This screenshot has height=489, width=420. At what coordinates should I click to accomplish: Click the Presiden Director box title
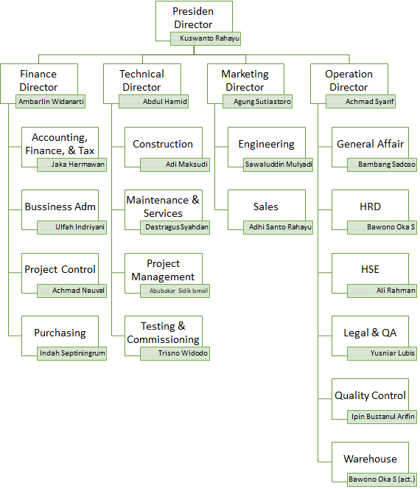[193, 18]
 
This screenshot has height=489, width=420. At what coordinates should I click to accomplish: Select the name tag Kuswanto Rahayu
[206, 38]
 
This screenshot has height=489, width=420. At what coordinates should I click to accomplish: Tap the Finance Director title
[38, 80]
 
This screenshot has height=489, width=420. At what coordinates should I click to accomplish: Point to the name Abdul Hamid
[165, 101]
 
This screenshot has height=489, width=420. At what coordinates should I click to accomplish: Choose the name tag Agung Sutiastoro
[257, 101]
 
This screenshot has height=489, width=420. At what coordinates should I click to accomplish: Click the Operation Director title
[349, 80]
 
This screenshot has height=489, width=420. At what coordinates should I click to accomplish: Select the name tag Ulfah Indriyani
[71, 227]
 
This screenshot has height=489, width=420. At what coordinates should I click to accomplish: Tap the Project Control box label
[60, 269]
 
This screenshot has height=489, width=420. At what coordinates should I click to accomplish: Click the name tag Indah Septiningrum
[71, 353]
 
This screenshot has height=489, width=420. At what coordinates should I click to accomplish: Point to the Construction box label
[163, 144]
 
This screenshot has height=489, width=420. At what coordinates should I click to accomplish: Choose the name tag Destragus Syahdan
[175, 227]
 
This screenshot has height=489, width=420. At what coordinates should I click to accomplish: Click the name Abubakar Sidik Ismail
[178, 291]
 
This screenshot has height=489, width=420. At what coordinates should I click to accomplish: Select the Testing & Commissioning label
[163, 333]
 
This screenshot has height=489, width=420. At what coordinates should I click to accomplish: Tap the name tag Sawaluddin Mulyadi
[278, 164]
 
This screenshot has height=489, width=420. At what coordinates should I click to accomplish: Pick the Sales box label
[266, 207]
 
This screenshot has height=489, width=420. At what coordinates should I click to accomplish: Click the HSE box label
[370, 269]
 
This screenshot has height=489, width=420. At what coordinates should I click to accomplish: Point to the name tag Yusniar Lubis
[382, 353]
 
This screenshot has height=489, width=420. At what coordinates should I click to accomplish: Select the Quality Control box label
[370, 395]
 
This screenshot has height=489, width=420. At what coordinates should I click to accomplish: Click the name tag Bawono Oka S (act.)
[382, 479]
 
